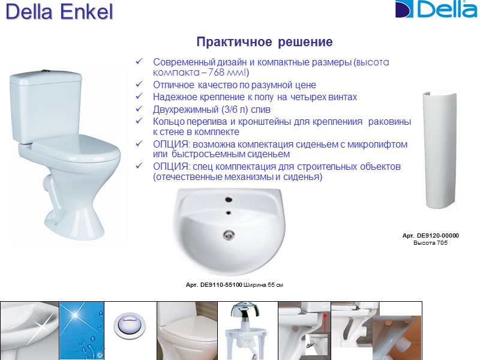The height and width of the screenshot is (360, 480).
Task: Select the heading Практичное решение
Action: (265, 43)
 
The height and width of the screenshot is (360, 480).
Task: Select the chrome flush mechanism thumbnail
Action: (247, 330)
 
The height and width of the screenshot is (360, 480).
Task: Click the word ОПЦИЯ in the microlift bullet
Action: (170, 145)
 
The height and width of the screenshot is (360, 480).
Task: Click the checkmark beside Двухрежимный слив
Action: (140, 110)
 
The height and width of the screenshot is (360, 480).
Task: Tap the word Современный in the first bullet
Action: (182, 62)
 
